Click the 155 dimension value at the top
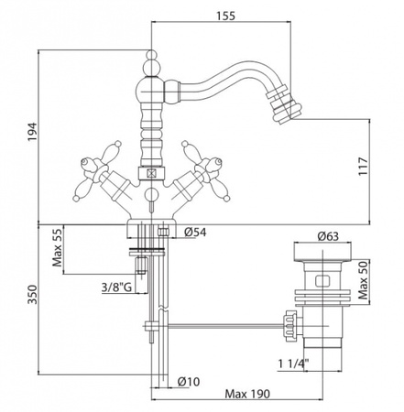226,16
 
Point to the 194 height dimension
32,132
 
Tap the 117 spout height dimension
363,167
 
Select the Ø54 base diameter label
195,233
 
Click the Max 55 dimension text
57,248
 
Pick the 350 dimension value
32,295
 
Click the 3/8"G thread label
116,287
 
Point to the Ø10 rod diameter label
189,381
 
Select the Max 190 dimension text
247,394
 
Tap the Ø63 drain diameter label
328,236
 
